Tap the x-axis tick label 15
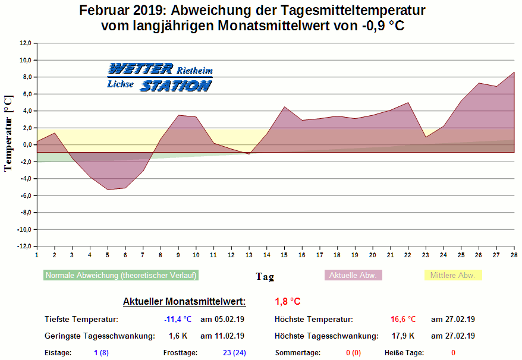285,255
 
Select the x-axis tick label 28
514,255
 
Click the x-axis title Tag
265,276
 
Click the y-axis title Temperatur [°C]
8,134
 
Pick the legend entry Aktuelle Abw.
353,275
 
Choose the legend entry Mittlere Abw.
452,275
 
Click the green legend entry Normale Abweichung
121,275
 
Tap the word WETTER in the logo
141,68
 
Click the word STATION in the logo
175,86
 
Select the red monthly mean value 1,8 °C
288,301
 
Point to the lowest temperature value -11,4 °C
178,319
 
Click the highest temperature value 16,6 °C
403,319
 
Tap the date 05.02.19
222,319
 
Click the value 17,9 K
403,336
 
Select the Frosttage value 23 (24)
234,353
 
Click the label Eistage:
58,353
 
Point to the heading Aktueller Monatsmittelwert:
184,301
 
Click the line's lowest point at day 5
108,190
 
